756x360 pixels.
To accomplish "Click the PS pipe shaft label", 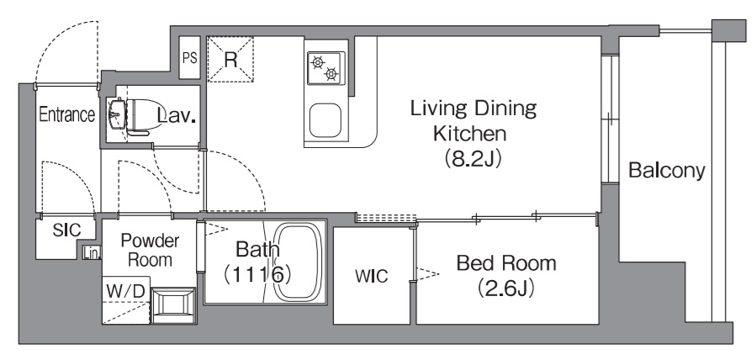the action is [x=190, y=58].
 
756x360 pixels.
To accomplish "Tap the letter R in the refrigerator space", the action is [x=231, y=60].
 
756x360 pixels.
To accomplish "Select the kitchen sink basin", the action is [x=325, y=120].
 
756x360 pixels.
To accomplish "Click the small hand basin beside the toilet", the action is [x=116, y=114].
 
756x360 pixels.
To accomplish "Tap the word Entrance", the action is [x=66, y=114].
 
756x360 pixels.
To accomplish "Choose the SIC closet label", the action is [x=67, y=230].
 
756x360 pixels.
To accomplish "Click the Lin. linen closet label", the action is [x=90, y=252].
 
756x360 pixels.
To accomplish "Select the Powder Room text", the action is [x=150, y=250].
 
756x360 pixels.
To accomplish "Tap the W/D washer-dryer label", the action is [x=125, y=291].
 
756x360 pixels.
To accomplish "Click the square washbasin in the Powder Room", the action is [x=173, y=304].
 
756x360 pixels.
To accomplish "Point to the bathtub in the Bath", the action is [x=298, y=262].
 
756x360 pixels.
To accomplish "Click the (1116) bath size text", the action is [x=257, y=273].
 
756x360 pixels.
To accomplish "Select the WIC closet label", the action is [x=371, y=276].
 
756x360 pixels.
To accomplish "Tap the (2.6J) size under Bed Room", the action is [x=505, y=289].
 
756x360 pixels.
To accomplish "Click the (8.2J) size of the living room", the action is [x=473, y=159].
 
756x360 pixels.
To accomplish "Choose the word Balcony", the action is [x=667, y=171].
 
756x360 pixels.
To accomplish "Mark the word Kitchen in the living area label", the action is [x=469, y=133].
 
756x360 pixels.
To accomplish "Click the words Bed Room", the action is [x=506, y=263].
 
